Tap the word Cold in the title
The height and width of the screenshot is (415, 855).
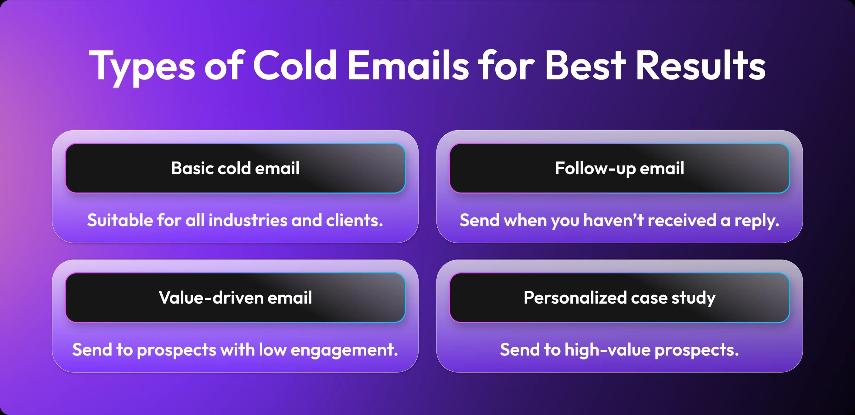click(295, 65)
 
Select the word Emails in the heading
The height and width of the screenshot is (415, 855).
click(408, 65)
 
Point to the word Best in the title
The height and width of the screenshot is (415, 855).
click(585, 65)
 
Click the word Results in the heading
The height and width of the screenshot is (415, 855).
click(701, 65)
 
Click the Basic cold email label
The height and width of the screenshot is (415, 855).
click(235, 168)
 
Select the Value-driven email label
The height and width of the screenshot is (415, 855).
click(235, 298)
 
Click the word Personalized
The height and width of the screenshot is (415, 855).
click(575, 298)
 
